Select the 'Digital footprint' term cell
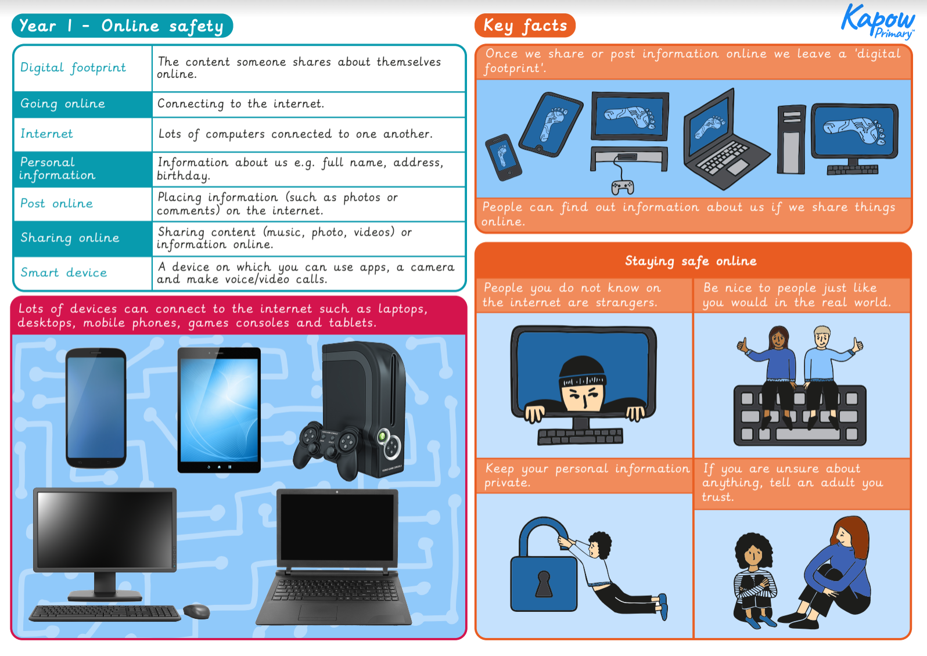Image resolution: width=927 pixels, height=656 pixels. point(73,68)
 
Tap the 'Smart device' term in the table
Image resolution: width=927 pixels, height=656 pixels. point(64,273)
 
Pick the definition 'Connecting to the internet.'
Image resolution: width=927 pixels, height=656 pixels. point(240,104)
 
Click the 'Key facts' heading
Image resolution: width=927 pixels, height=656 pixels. point(525,26)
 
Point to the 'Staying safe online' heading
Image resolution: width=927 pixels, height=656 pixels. point(691,261)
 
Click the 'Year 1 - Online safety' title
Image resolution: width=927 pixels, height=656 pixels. point(122,26)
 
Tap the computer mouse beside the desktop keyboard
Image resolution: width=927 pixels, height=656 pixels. point(197,611)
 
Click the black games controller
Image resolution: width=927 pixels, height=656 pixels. point(325,444)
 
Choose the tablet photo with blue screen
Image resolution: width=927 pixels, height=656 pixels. point(219,409)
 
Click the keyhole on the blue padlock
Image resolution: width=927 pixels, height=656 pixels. point(544,583)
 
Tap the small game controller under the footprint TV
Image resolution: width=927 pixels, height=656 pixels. point(622,187)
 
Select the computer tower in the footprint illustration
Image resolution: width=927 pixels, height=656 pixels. point(791,140)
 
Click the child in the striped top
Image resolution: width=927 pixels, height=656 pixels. point(754,581)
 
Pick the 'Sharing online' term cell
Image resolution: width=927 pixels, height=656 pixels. point(70,238)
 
